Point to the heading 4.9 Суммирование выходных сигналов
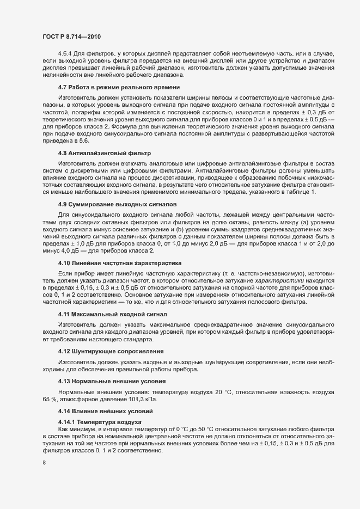117,204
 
